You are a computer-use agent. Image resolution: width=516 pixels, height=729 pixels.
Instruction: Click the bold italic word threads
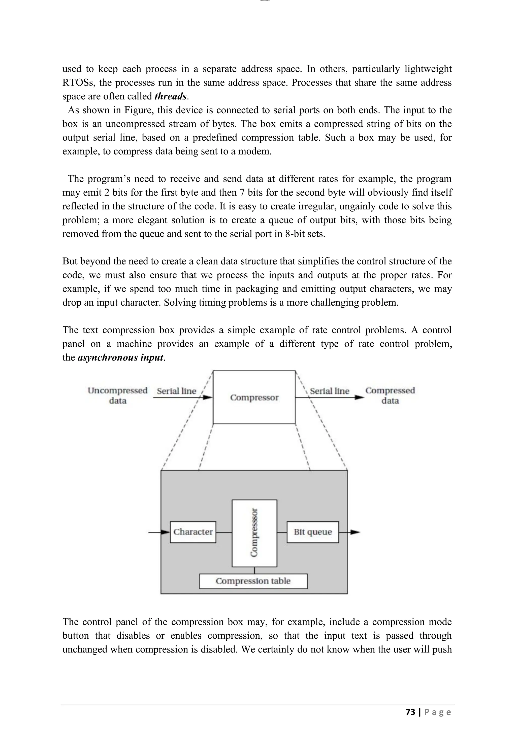tap(170, 96)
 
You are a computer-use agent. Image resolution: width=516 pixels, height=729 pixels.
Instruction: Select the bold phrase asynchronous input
tap(120, 357)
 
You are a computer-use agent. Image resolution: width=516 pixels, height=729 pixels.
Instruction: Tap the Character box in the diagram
tap(193, 532)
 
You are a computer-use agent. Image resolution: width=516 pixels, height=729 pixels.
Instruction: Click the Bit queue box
tap(313, 532)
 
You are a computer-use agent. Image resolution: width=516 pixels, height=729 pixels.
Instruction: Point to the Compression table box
tap(253, 581)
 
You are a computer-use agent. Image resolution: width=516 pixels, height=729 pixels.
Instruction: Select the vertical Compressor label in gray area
tap(254, 533)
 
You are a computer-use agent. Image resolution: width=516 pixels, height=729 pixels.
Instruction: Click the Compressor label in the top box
tap(254, 397)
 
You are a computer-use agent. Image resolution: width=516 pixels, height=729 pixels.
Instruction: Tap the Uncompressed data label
tap(118, 395)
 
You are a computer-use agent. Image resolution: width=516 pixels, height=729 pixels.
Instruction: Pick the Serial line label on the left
tap(176, 391)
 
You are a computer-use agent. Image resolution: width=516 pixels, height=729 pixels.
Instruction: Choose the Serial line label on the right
tap(330, 391)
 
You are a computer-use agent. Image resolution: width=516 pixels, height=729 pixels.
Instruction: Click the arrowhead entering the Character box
tap(166, 532)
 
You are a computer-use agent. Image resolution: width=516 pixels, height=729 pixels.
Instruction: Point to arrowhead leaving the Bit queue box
tap(356, 532)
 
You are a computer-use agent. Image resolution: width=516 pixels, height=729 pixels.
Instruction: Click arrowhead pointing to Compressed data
tap(360, 397)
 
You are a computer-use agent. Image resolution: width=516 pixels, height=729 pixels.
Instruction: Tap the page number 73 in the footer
tap(410, 712)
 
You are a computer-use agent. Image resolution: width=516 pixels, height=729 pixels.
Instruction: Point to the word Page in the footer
tap(438, 712)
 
